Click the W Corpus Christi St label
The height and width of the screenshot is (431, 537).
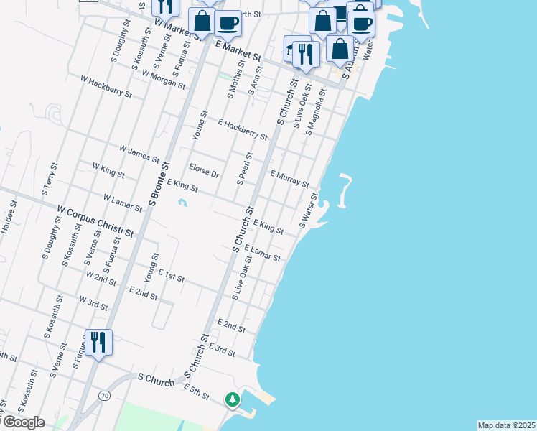coord(95,222)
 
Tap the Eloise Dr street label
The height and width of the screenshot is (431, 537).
coord(204,170)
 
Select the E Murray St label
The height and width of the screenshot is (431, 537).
coord(289,179)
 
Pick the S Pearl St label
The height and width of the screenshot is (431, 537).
coord(244,167)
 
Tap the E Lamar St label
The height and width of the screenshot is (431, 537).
coord(262,253)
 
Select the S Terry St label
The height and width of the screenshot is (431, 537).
coord(49,187)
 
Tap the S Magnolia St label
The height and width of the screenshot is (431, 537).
coord(316,113)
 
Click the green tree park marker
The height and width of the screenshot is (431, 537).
coord(233,399)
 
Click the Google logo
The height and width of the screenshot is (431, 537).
coord(23,422)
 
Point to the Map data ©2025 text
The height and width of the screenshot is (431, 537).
coord(507,425)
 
